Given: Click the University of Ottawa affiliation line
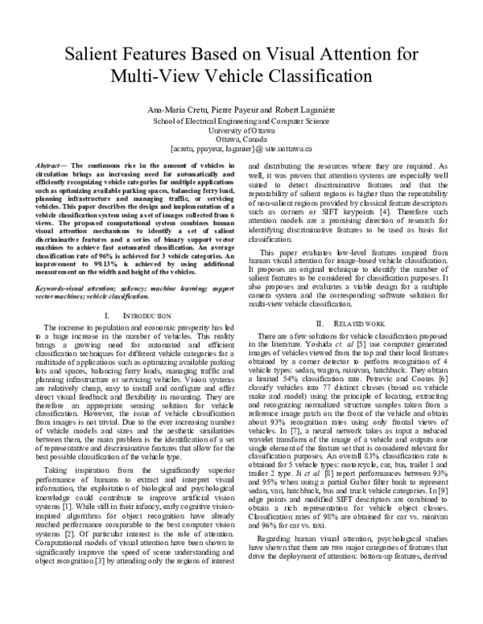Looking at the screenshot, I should [241, 129].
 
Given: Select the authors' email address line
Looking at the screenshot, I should [241, 149].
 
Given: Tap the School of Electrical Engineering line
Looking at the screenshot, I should [241, 119].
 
